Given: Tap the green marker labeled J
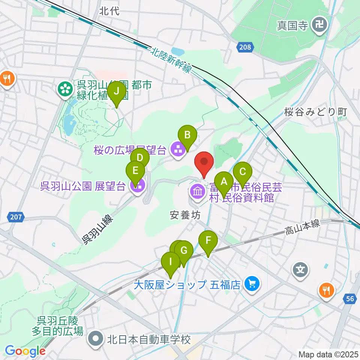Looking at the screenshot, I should [x=116, y=92].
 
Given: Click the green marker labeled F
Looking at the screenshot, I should [x=208, y=240].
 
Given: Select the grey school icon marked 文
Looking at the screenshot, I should [x=300, y=269].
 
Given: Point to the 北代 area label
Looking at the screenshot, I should [x=109, y=11].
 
